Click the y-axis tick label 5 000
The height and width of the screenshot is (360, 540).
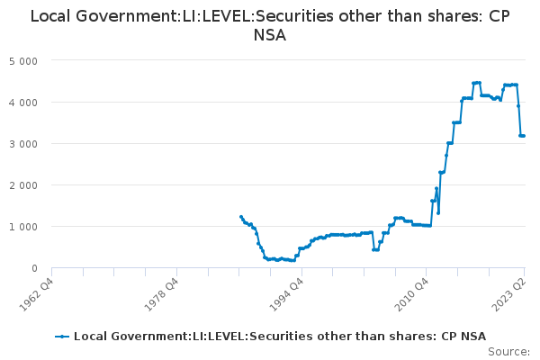[23, 61]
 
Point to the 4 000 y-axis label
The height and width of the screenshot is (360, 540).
[23, 103]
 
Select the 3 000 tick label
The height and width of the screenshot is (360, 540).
[23, 144]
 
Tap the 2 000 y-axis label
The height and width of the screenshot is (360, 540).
[23, 185]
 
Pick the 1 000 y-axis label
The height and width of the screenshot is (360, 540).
[23, 227]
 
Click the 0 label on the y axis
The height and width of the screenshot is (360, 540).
[34, 268]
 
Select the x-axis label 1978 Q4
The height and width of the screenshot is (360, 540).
[161, 294]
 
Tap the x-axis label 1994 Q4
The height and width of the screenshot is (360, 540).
[286, 294]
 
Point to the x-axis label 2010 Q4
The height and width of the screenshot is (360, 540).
[411, 294]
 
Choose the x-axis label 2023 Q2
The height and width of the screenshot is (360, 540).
[509, 294]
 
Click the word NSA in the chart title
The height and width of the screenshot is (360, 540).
[270, 35]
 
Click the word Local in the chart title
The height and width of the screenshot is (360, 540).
[50, 16]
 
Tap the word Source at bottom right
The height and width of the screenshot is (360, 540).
[508, 352]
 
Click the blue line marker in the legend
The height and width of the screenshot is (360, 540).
[62, 337]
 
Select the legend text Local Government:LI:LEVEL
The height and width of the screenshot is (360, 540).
[161, 337]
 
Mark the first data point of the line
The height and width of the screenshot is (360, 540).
[240, 217]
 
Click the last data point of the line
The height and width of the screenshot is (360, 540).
[524, 136]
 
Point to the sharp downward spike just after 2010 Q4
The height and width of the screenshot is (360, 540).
[438, 213]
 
